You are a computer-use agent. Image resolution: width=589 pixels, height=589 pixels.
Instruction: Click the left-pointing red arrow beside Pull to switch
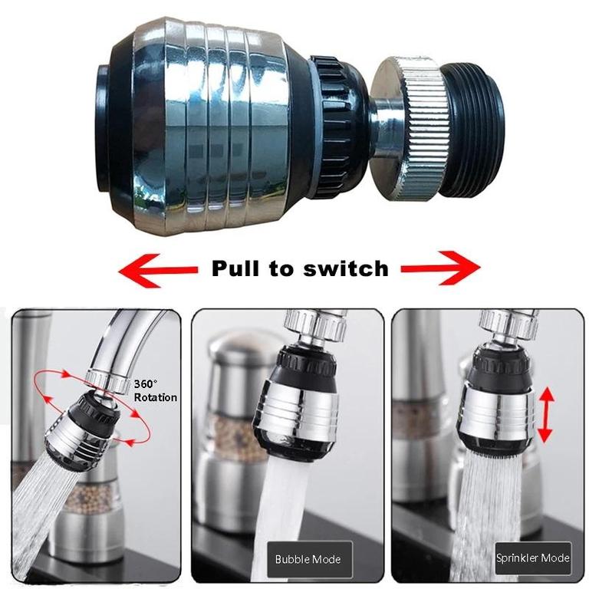click(157, 269)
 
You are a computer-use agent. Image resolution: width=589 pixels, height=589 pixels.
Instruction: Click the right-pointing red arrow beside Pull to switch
click(440, 268)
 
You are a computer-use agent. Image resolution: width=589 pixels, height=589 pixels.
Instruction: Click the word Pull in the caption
click(235, 268)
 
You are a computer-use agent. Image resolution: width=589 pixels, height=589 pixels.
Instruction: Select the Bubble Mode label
click(308, 558)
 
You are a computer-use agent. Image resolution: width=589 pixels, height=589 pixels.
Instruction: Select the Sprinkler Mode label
click(533, 558)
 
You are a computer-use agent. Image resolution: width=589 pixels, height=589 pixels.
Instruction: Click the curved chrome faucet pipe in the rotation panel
click(123, 337)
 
